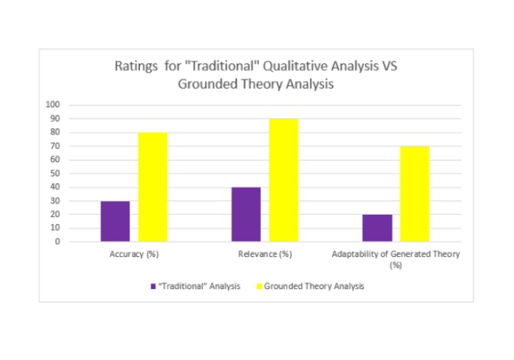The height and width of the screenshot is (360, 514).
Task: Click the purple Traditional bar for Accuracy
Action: (115, 221)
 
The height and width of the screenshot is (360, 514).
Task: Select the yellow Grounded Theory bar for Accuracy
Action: (152, 187)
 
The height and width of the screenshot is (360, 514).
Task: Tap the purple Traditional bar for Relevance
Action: (246, 214)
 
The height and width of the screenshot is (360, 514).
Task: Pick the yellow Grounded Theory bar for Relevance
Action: (283, 180)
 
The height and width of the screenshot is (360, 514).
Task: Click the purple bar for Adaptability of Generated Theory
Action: (377, 228)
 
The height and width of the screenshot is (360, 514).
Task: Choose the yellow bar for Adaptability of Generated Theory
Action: (415, 194)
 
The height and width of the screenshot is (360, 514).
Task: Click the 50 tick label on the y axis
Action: (56, 174)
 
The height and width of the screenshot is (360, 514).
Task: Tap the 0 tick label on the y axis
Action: (58, 242)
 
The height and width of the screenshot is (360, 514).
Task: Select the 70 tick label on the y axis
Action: (56, 146)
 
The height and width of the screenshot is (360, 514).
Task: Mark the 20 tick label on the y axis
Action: (56, 215)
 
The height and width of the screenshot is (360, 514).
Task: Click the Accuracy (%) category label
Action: (134, 254)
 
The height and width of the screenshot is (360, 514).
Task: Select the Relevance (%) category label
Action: (265, 254)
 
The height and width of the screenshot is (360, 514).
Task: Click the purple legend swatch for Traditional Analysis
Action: (153, 287)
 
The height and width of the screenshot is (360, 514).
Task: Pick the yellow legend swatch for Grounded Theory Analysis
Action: (259, 287)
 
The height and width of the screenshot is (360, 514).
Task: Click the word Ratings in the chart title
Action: (136, 66)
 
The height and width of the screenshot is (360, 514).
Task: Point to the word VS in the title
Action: (389, 66)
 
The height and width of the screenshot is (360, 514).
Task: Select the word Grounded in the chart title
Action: (205, 84)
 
